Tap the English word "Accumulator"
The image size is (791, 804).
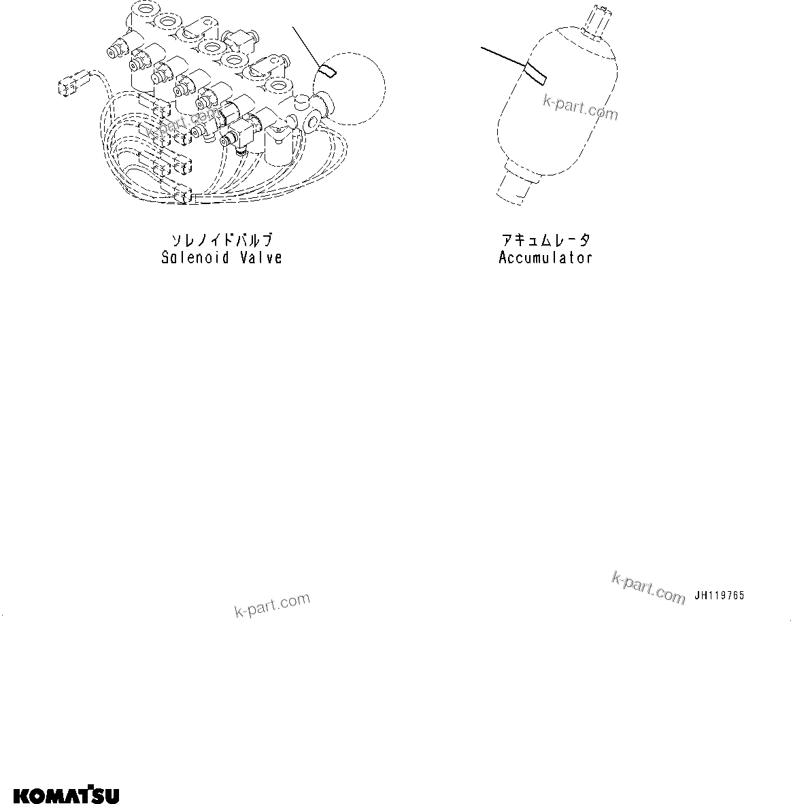coord(545,258)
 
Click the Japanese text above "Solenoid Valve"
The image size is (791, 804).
coord(222,241)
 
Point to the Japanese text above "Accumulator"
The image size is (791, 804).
coord(545,241)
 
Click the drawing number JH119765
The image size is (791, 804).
coord(720,595)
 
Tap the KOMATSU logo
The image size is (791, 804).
coord(67,794)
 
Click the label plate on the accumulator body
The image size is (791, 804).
coord(536,73)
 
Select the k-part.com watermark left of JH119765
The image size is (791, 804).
coord(648,588)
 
